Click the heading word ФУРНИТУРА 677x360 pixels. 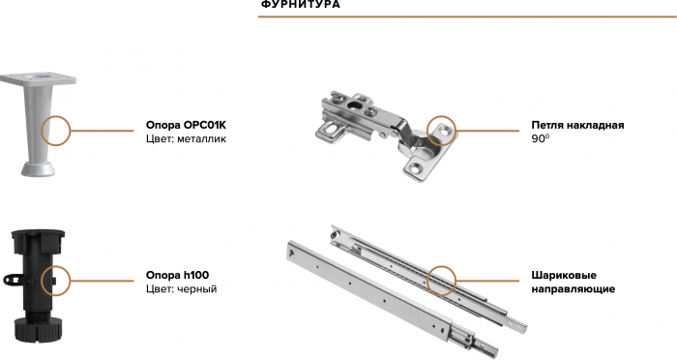(x=301, y=5)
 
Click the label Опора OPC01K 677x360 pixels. (x=186, y=126)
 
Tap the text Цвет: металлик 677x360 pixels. (x=186, y=139)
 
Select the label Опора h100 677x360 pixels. (x=177, y=275)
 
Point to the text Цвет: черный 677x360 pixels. (x=182, y=289)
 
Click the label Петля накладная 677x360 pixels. (x=577, y=126)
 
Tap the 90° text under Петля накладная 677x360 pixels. (x=540, y=139)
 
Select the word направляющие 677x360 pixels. (x=573, y=289)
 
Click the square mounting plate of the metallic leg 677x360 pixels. (x=38, y=79)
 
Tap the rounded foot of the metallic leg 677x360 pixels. (x=38, y=169)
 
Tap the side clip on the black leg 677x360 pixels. (x=14, y=280)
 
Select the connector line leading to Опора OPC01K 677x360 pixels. (x=102, y=131)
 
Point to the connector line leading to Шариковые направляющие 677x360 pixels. (x=487, y=281)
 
